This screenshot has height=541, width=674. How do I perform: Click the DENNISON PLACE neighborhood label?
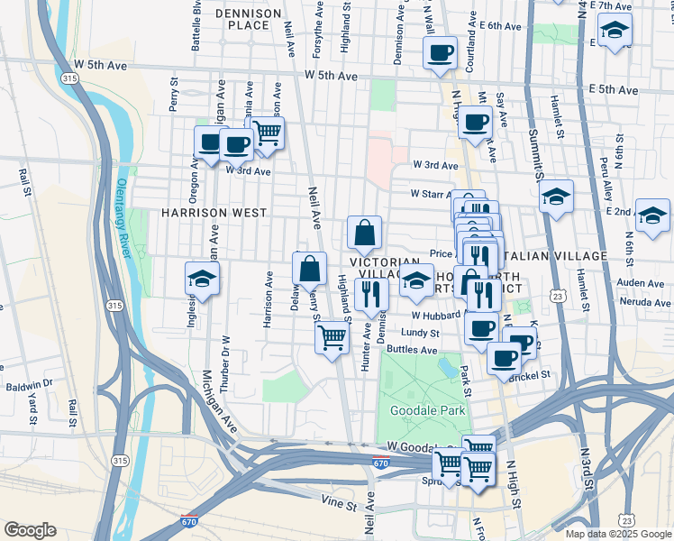pyautogui.click(x=242, y=19)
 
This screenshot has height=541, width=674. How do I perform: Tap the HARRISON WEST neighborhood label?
pyautogui.click(x=214, y=213)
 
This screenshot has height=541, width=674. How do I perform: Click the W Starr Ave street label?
pyautogui.click(x=429, y=194)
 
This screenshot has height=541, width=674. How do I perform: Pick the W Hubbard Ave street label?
pyautogui.click(x=438, y=316)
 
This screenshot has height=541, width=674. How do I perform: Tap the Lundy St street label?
pyautogui.click(x=419, y=333)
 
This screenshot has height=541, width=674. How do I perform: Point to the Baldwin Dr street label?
pyautogui.click(x=30, y=384)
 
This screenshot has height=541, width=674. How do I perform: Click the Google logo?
pyautogui.click(x=30, y=530)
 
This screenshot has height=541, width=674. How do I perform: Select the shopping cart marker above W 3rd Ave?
pyautogui.click(x=267, y=133)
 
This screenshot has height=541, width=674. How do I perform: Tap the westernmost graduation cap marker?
pyautogui.click(x=202, y=280)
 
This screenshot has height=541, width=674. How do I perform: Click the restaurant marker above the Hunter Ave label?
pyautogui.click(x=370, y=293)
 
